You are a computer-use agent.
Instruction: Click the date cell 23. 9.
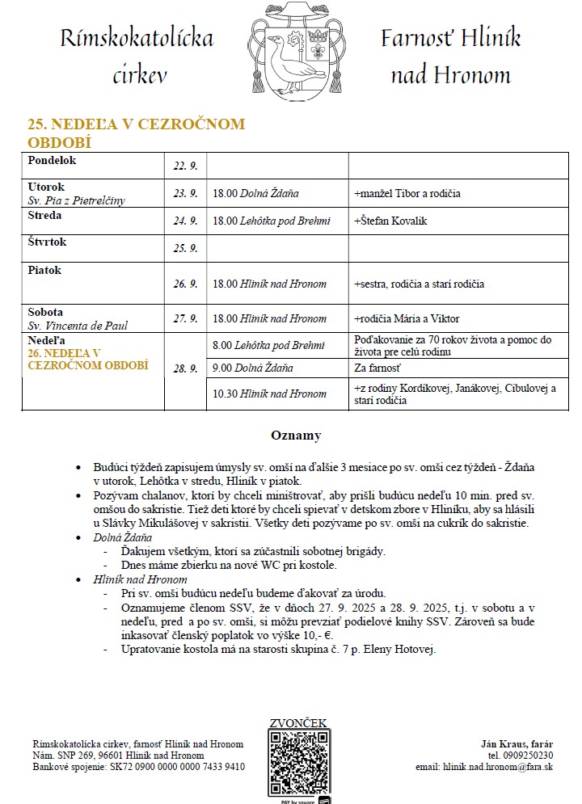185,194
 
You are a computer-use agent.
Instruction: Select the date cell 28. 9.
185,368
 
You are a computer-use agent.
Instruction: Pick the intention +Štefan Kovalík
390,221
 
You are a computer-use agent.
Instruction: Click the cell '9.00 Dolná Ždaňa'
252,368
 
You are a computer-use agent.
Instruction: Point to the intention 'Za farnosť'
377,368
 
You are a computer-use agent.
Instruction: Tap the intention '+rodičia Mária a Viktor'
407,318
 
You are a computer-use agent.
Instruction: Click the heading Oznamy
295,436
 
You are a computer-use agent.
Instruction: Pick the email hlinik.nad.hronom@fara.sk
484,766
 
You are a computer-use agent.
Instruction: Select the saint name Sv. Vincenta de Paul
77,326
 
